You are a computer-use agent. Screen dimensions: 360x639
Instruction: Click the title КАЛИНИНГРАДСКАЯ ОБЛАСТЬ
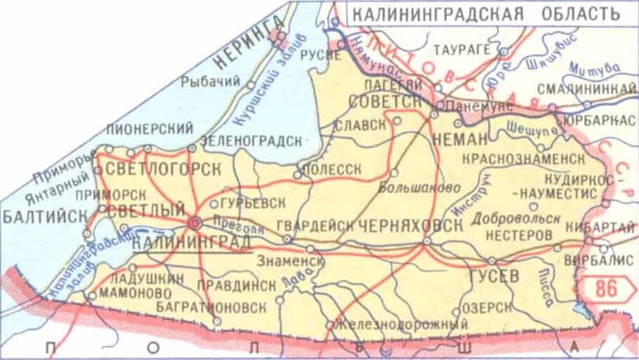tap(485, 14)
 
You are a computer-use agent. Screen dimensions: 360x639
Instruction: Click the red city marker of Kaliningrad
tap(195, 222)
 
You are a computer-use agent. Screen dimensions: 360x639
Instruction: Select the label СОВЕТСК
tap(383, 102)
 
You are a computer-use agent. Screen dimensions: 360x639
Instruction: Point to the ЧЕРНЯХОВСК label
tap(410, 226)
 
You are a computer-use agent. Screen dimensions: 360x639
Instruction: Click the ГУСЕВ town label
tap(494, 276)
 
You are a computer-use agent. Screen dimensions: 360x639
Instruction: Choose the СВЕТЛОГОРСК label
tap(162, 169)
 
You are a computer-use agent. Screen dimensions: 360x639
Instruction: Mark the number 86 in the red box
tap(608, 287)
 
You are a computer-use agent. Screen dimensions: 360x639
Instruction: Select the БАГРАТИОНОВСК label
tap(220, 308)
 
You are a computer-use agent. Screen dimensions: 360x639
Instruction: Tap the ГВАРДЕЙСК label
tap(315, 226)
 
